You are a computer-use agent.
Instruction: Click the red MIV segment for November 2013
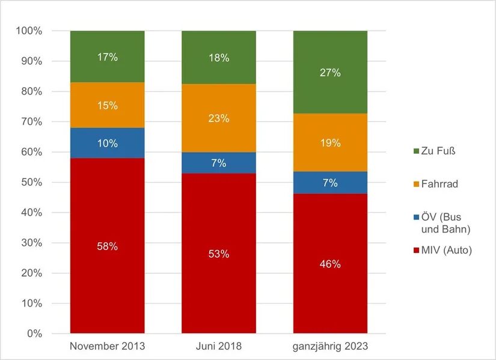click(x=107, y=245)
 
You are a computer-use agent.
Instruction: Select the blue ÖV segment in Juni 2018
click(x=219, y=163)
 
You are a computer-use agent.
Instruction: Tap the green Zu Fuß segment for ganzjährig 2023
click(x=330, y=72)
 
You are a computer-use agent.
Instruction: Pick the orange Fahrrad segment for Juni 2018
click(x=219, y=118)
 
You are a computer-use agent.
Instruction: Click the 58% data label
click(x=107, y=246)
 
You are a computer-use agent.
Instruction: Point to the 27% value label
click(x=330, y=73)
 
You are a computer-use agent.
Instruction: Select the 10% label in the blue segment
click(x=107, y=143)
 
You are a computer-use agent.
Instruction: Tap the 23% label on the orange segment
click(x=219, y=118)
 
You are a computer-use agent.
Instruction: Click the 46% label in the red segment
click(x=330, y=264)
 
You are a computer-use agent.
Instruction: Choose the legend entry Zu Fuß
click(x=435, y=151)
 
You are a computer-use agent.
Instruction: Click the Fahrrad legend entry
click(x=436, y=184)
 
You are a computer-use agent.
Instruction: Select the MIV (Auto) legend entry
click(x=443, y=250)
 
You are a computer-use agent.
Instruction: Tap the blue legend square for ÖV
click(x=416, y=218)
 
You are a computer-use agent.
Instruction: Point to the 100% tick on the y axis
click(x=29, y=31)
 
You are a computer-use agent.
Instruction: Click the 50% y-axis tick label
click(x=32, y=182)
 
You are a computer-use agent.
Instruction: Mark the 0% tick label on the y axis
click(x=34, y=334)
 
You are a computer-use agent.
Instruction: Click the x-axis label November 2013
click(x=107, y=346)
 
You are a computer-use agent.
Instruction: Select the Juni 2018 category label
click(x=219, y=346)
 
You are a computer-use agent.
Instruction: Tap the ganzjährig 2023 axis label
click(x=330, y=346)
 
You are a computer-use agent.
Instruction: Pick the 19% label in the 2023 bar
click(x=330, y=143)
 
